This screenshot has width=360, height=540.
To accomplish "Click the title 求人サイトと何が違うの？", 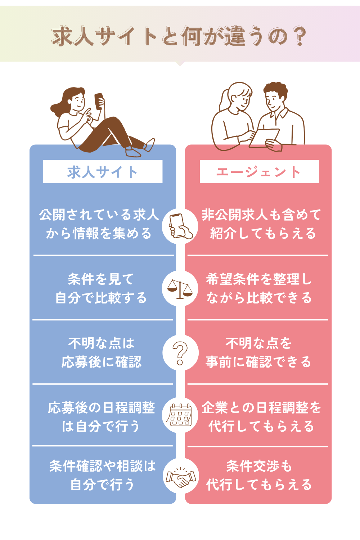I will click(x=179, y=36).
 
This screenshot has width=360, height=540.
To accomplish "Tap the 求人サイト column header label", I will click(x=103, y=172).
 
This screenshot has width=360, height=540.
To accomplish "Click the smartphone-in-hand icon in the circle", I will click(x=180, y=226).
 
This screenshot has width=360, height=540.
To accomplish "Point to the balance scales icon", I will click(x=180, y=289).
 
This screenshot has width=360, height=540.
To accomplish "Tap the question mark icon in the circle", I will click(x=180, y=353).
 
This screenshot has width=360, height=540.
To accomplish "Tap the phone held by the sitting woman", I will click(x=99, y=101).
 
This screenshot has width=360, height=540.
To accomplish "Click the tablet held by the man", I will click(x=265, y=138).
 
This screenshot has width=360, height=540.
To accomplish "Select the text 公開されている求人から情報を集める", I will click(x=99, y=224).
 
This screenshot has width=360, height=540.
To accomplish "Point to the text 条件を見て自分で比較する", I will click(x=101, y=288).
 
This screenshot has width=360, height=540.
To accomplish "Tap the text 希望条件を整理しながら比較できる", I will click(x=259, y=288).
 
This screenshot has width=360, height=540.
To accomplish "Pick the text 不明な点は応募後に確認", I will click(x=101, y=352).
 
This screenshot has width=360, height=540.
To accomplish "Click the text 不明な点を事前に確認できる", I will click(x=258, y=352).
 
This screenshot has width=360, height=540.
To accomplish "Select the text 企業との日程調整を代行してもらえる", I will click(x=261, y=417).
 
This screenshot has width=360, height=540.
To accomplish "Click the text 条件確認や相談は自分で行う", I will click(x=103, y=475).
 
